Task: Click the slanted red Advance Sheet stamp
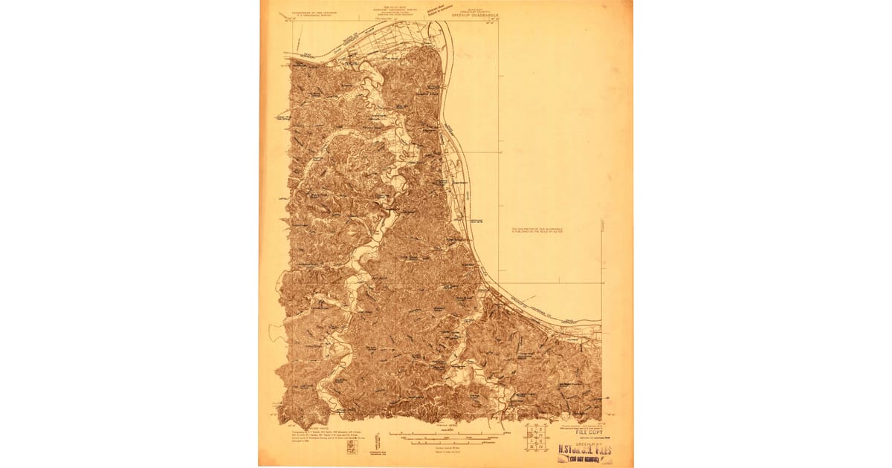click(440, 10)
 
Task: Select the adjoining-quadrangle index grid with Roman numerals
click(535, 438)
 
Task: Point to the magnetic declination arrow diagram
click(377, 441)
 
